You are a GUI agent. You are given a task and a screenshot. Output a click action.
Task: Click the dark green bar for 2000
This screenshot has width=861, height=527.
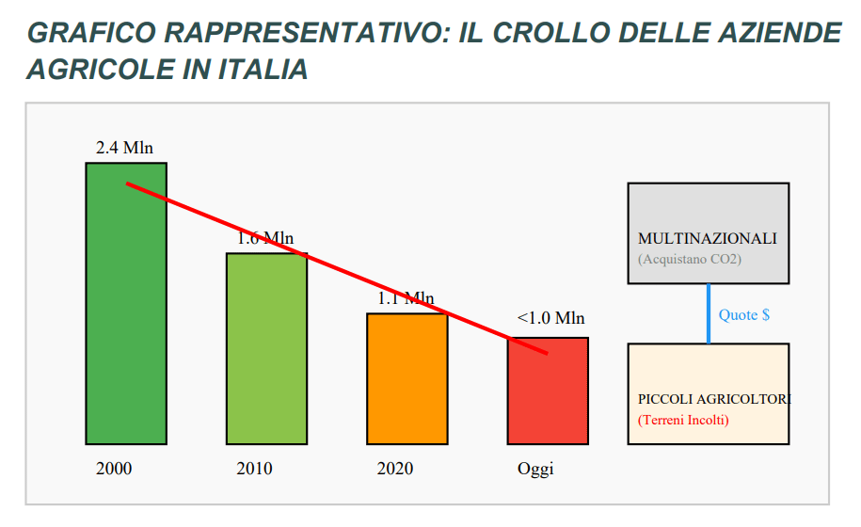[126, 304]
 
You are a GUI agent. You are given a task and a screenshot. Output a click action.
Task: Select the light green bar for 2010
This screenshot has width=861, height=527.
[267, 348]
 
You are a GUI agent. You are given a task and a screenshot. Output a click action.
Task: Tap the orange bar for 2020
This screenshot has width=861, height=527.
[407, 378]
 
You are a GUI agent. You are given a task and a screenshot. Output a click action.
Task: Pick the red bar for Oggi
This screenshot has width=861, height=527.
[548, 391]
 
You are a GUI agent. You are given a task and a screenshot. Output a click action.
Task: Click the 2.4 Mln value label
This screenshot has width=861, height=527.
[124, 148]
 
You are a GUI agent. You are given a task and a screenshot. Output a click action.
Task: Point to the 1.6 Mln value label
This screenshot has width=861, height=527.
[265, 238]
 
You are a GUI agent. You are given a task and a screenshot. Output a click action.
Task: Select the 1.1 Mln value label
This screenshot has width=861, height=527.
[406, 298]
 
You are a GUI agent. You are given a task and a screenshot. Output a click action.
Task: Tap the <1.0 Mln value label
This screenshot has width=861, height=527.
[550, 318]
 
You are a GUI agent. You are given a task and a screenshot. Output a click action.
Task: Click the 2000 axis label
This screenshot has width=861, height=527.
[114, 469]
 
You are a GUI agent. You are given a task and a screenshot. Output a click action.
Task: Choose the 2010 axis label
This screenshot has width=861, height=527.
[255, 469]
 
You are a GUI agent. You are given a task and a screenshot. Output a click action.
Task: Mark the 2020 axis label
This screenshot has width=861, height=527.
[395, 469]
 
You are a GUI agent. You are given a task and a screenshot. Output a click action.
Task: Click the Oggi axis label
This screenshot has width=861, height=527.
[535, 470]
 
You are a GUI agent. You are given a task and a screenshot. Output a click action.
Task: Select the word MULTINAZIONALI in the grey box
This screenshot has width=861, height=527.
[708, 238]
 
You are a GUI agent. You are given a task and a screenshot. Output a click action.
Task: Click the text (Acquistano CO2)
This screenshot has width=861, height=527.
[690, 259]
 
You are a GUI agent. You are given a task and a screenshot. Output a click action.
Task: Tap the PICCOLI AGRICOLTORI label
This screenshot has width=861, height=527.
[714, 399]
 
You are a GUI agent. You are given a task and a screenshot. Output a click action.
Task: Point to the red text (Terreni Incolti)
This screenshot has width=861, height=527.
[684, 420]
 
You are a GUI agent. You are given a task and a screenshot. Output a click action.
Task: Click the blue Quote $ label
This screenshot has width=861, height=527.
[744, 314]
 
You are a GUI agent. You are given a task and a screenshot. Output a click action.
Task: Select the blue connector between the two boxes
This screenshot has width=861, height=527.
[709, 313]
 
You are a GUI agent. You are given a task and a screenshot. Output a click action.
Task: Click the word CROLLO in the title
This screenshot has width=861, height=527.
[550, 33]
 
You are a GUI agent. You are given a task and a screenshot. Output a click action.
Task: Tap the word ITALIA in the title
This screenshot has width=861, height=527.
[263, 70]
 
